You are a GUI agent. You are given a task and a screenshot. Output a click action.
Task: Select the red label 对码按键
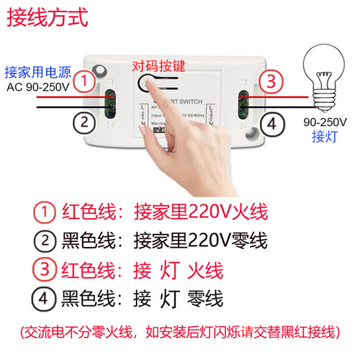point(158,66)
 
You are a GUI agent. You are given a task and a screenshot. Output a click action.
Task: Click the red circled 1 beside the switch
point(86,81)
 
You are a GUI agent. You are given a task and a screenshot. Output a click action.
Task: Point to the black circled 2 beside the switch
point(85,122)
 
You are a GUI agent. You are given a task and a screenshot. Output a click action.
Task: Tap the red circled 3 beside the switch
point(268,81)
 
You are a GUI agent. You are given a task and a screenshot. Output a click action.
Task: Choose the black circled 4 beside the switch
point(269,123)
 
